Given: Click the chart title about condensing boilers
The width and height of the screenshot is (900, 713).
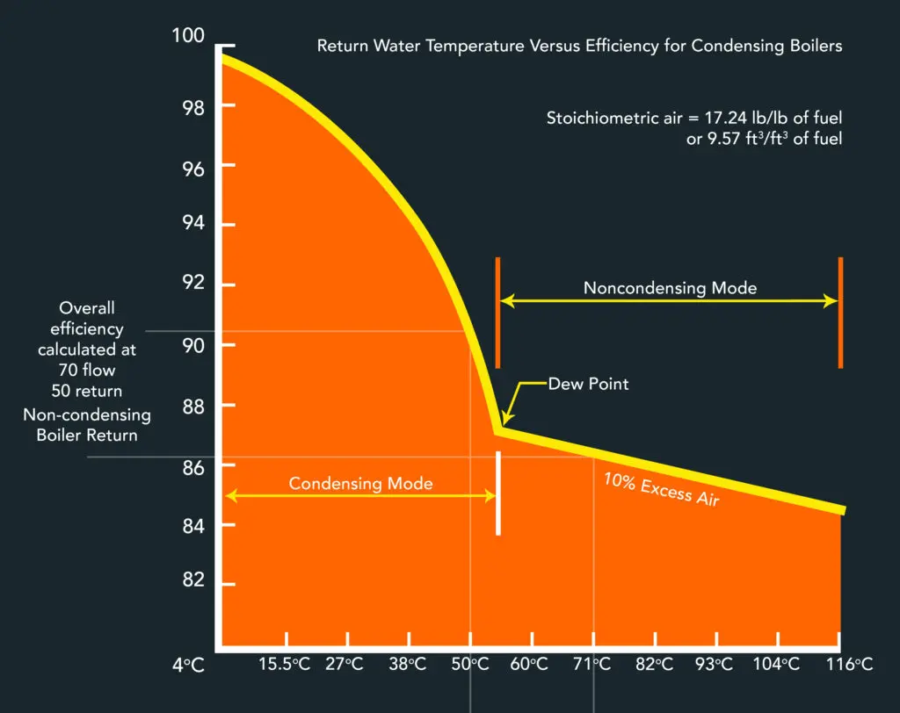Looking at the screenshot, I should tap(579, 46).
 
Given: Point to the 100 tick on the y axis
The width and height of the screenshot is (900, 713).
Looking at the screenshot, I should tap(188, 36).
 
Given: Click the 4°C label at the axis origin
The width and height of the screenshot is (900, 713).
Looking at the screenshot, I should tap(188, 665).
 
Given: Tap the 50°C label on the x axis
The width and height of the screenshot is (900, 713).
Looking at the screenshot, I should tap(469, 665).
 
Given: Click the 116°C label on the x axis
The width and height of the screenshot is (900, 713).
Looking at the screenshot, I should tap(848, 665).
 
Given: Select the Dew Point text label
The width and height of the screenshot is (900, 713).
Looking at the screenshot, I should tap(589, 384).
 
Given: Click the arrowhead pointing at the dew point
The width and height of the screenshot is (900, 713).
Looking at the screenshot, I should tap(504, 422).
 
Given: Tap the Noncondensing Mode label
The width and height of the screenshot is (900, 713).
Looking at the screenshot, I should tap(670, 288).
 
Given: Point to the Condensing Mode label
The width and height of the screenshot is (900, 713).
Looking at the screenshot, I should tap(360, 483).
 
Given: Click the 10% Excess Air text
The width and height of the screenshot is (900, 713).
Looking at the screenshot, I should tap(661, 489).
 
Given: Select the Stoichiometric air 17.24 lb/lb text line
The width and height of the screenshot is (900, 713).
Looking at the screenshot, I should tap(694, 118).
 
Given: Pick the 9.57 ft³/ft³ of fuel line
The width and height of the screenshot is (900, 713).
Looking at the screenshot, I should tap(764, 139).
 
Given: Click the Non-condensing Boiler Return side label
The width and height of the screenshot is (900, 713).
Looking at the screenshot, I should tap(87, 425).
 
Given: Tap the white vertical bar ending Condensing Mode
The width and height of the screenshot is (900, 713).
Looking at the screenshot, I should tap(498, 493).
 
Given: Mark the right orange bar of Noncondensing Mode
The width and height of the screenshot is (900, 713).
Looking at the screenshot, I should tap(841, 312).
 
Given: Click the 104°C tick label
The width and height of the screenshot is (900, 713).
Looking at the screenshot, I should tap(778, 665).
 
